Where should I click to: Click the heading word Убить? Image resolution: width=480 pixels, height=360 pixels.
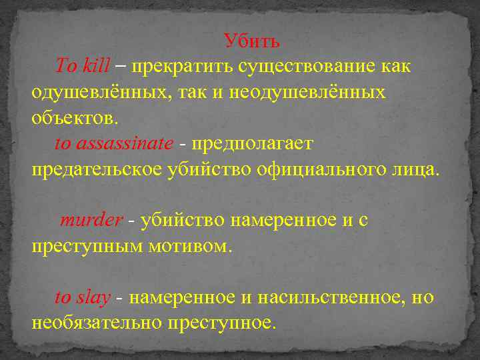252,41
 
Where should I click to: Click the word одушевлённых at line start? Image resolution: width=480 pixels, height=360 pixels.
100,92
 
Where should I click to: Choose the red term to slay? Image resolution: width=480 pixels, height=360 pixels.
82,297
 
